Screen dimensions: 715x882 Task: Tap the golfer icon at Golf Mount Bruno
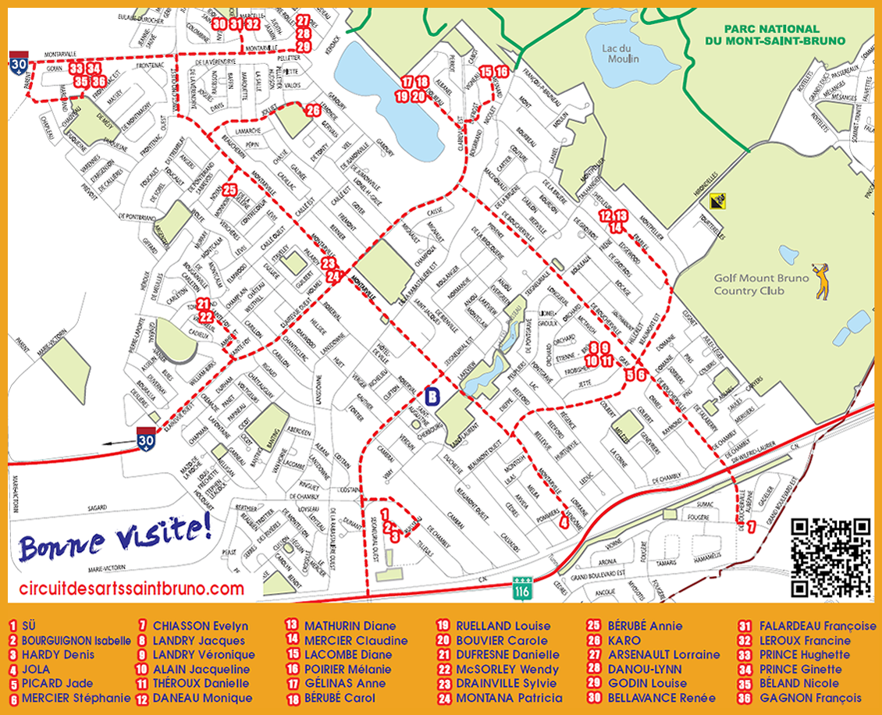tap(822, 281)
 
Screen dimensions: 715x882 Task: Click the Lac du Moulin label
tap(621, 52)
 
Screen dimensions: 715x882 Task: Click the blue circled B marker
tap(433, 395)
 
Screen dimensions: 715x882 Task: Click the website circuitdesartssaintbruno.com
tap(131, 589)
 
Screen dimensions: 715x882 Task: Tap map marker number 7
tap(751, 527)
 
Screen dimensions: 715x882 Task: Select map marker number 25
tap(229, 190)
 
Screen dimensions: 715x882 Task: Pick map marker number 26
tap(313, 110)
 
